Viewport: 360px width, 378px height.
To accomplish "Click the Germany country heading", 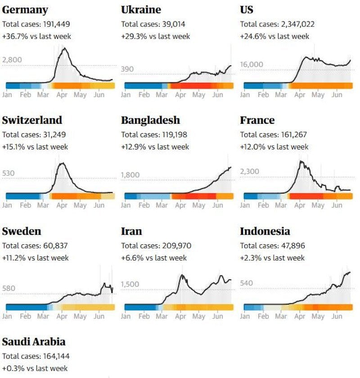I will (x=25, y=9).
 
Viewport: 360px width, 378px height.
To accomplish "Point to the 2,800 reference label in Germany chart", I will (x=12, y=60).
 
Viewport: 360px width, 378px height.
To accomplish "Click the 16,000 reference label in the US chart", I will (x=252, y=64).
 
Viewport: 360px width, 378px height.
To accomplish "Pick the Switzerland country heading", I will (x=32, y=120).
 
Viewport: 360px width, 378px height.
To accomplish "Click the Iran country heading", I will (x=131, y=231).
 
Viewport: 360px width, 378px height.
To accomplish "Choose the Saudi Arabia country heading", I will (x=34, y=342).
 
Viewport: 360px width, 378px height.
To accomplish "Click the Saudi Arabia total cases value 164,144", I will (x=54, y=356).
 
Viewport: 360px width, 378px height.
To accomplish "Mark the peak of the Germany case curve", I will (x=64, y=48).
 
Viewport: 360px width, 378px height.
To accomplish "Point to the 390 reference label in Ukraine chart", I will (x=127, y=69).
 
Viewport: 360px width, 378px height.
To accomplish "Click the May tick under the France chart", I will (x=318, y=205).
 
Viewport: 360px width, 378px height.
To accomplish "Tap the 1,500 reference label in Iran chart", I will (x=130, y=284).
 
